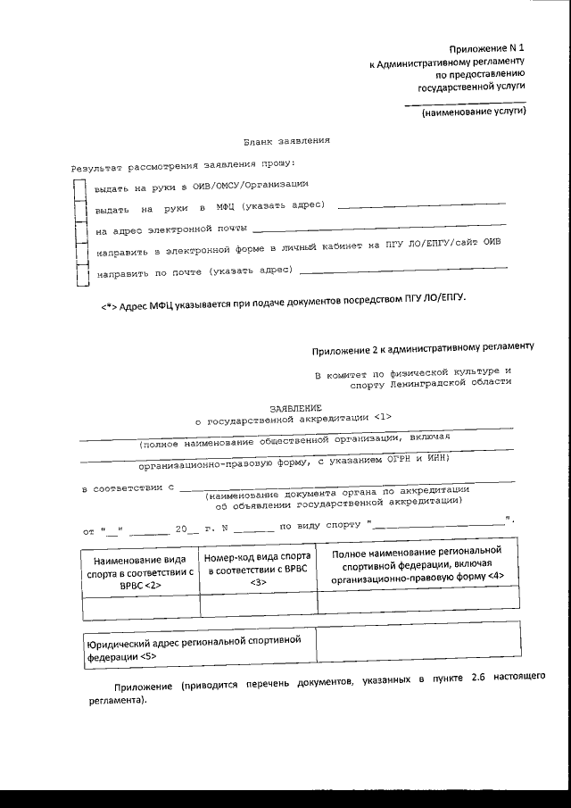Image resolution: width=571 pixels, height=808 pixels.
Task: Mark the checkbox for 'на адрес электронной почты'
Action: (80, 232)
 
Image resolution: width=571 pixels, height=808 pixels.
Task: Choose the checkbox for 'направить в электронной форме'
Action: (80, 253)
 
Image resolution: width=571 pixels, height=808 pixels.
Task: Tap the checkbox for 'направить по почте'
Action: (80, 273)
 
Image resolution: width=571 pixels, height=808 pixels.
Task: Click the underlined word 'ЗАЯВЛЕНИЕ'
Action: (283, 406)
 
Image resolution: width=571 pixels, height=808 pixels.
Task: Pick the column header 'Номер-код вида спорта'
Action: (259, 570)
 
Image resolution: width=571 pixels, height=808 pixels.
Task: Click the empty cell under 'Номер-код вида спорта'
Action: (259, 606)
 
